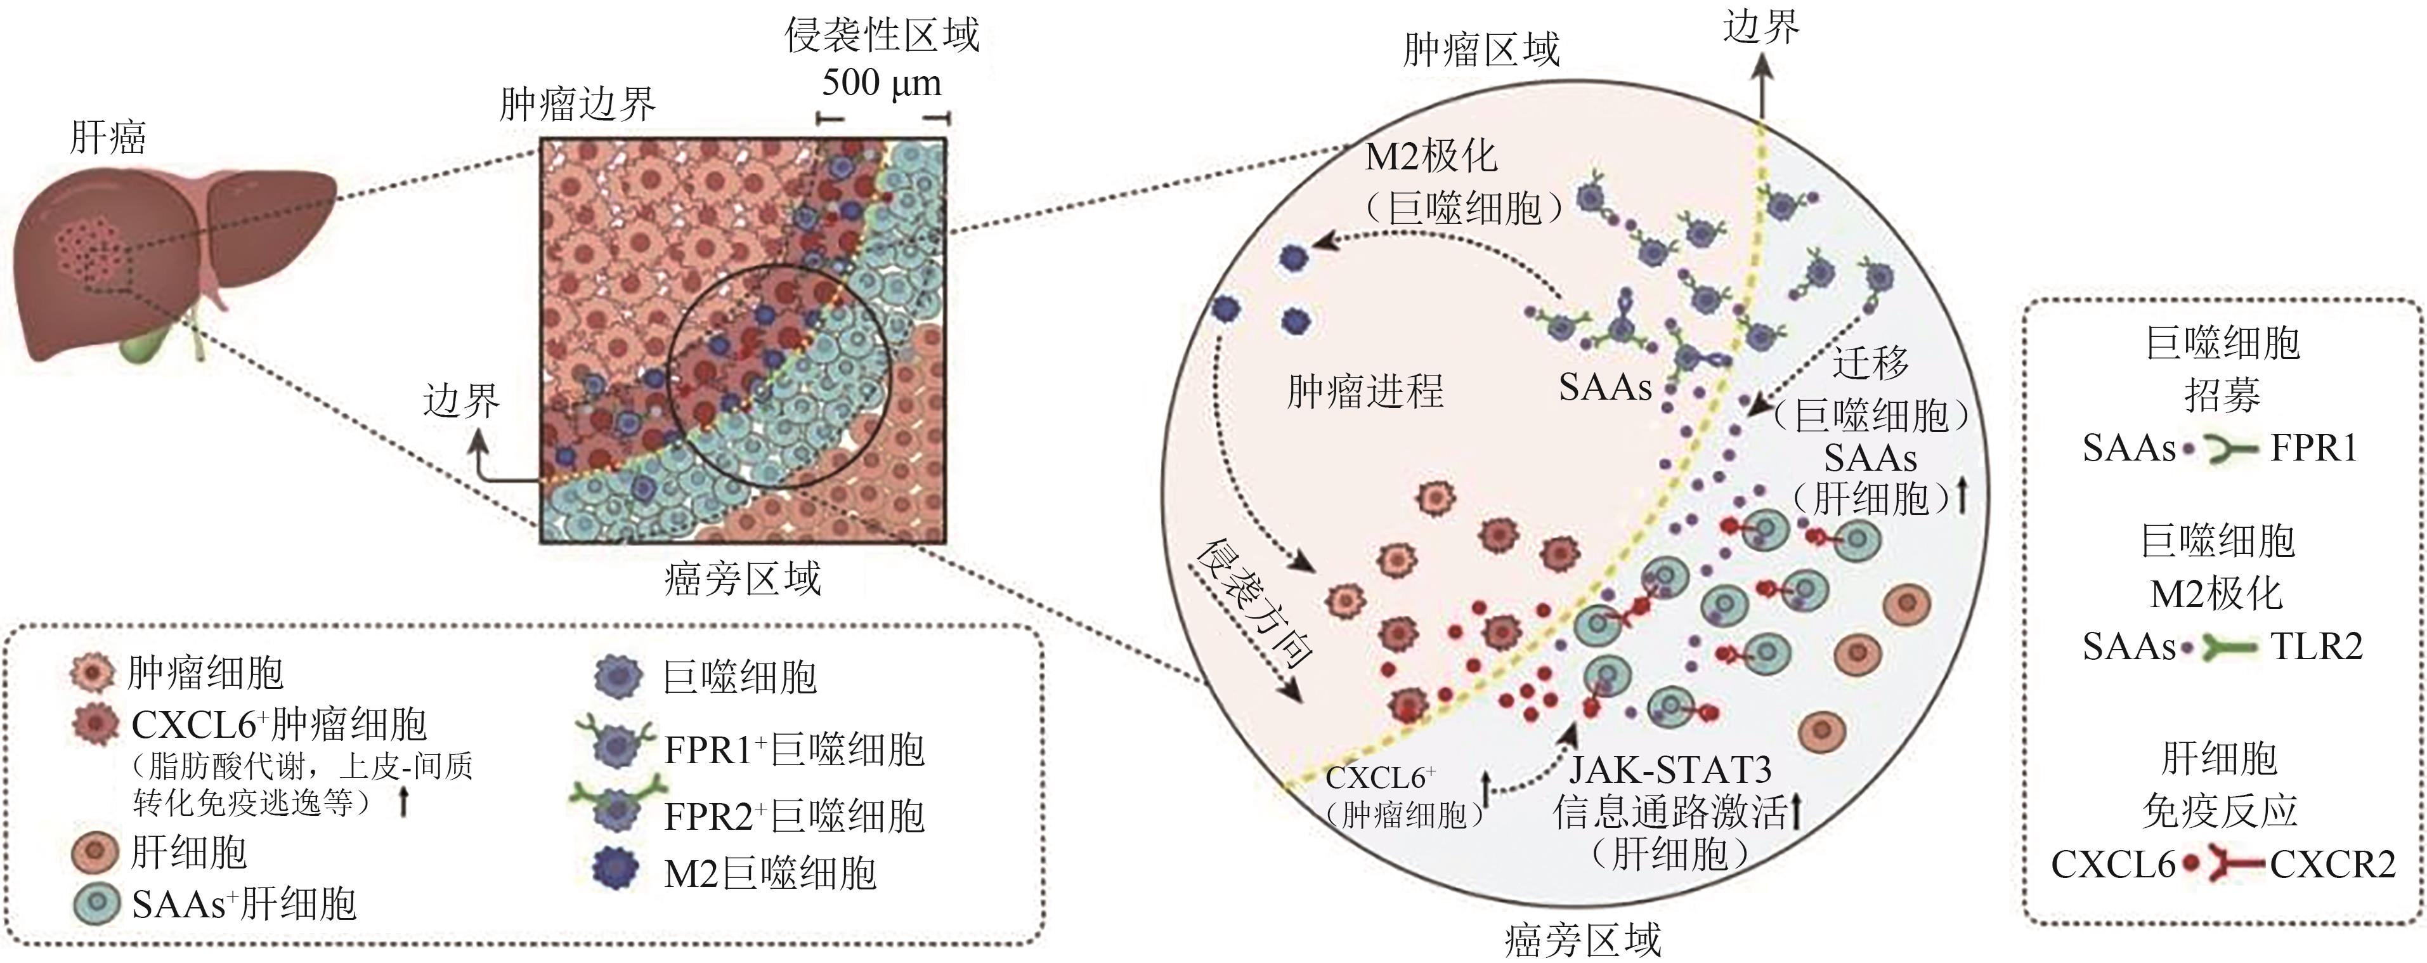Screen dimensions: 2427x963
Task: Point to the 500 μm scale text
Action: (882, 83)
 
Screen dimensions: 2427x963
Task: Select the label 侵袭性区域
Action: (882, 36)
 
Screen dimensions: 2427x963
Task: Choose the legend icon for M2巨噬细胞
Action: (619, 872)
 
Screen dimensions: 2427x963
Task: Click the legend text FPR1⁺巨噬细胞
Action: (794, 750)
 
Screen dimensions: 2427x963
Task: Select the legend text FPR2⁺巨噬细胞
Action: (794, 816)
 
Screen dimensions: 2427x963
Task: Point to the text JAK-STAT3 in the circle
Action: (1670, 770)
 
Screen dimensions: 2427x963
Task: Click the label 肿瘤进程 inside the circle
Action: (1365, 390)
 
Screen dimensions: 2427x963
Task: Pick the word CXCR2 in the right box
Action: (2333, 864)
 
